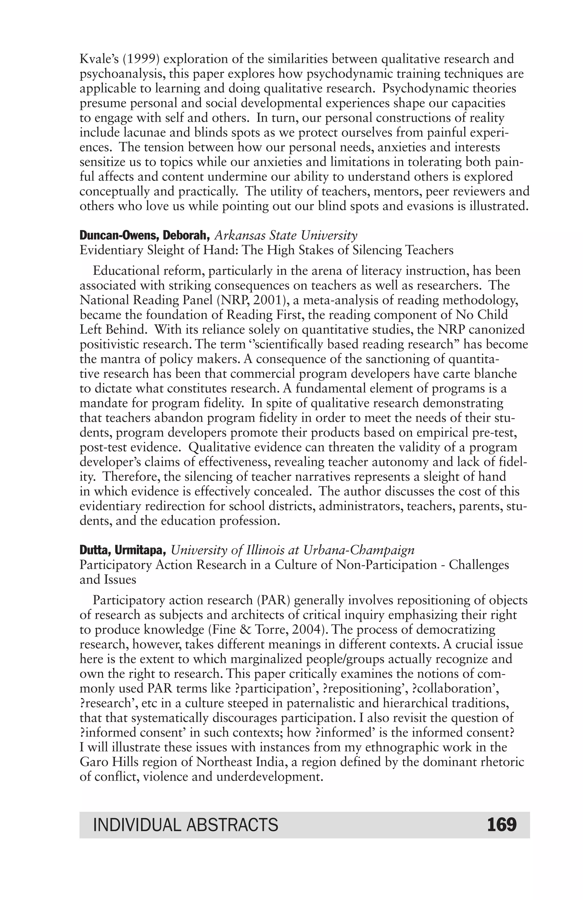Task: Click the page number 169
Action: point(501,824)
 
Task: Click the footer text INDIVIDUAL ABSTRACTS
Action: point(185,825)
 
